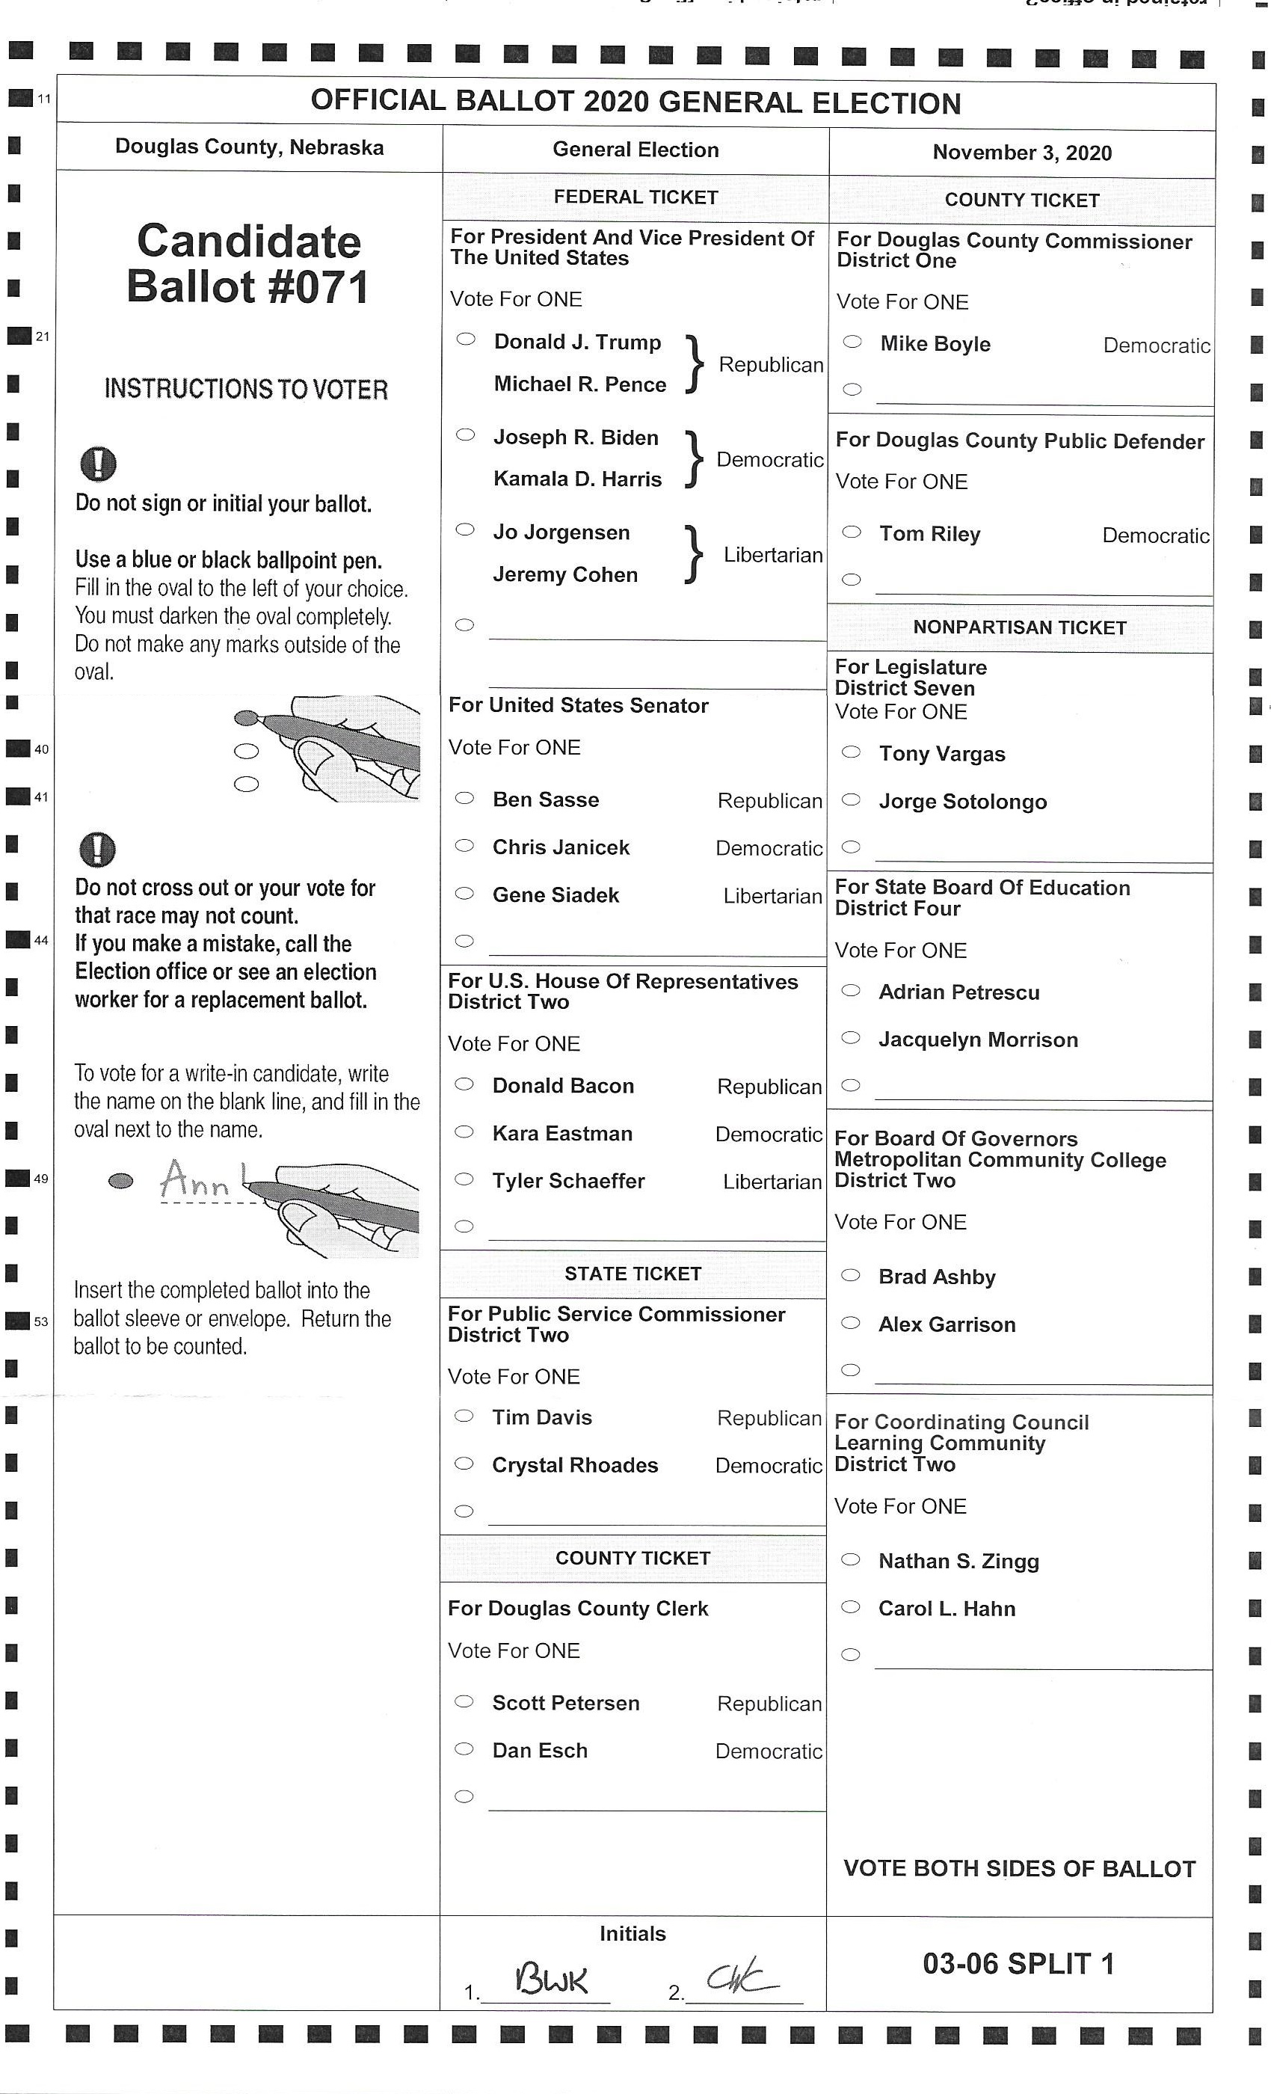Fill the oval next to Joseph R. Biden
[x=465, y=435]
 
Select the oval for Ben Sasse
[x=464, y=798]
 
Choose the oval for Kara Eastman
[x=464, y=1132]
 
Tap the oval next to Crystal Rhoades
[x=464, y=1464]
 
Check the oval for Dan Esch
[x=464, y=1749]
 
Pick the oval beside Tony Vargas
[x=851, y=752]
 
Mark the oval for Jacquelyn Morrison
[x=851, y=1038]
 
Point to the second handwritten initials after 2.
[x=741, y=1978]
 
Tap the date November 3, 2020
[x=1022, y=153]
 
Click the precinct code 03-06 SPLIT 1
[x=1018, y=1964]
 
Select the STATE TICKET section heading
[x=633, y=1274]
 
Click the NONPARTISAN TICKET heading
[x=1020, y=628]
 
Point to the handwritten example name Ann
[x=195, y=1179]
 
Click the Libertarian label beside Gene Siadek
[x=772, y=897]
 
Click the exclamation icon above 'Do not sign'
[x=98, y=464]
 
